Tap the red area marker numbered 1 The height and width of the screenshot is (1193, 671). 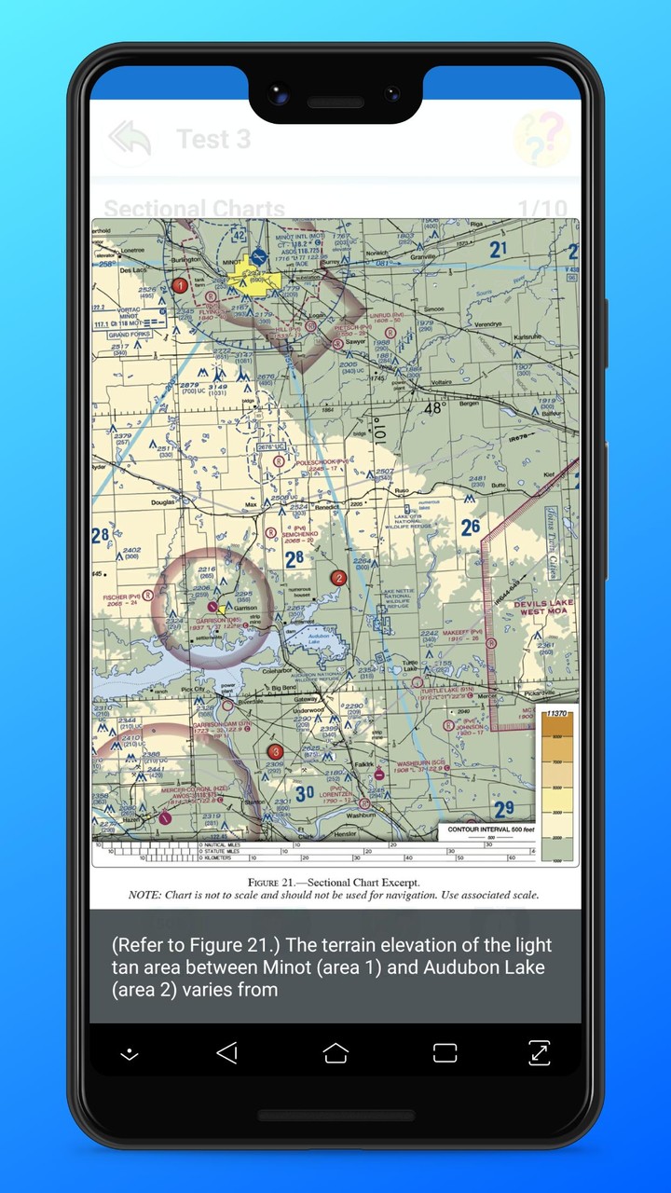[x=180, y=285]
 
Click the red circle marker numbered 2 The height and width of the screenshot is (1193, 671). [x=338, y=578]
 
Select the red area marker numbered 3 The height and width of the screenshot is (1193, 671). [x=275, y=751]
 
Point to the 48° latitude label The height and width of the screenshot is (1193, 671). [x=434, y=407]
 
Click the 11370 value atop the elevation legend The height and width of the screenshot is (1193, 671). [x=556, y=713]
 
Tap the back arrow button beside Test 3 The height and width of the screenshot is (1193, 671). [x=130, y=139]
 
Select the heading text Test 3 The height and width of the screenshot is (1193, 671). [x=213, y=139]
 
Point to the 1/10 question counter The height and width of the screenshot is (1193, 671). [x=541, y=209]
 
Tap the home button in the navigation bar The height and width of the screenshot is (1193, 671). [x=335, y=1053]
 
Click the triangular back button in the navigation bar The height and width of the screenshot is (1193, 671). [x=226, y=1053]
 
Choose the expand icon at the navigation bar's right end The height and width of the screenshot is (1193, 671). [x=539, y=1053]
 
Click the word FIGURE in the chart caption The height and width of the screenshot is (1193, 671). [x=270, y=882]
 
